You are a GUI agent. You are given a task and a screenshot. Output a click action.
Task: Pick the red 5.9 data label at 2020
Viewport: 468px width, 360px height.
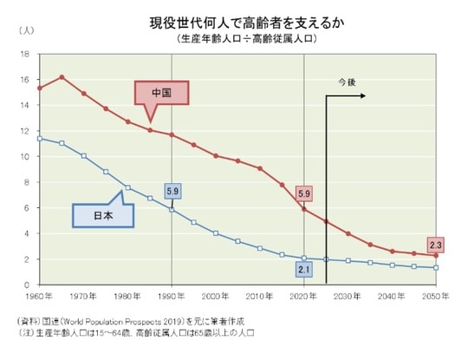304,193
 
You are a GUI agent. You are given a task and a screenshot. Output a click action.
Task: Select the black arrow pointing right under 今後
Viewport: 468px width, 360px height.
347,95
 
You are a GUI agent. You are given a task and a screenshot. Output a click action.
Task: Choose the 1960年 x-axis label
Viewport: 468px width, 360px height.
40,297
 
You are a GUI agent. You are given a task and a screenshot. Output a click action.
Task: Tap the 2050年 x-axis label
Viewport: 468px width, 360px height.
436,297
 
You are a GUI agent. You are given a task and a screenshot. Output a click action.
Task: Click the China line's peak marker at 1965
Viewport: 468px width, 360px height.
62,77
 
